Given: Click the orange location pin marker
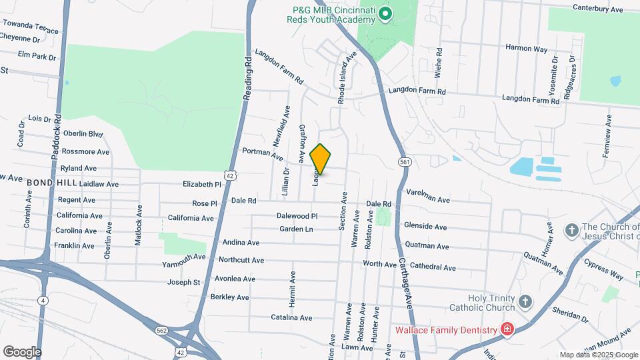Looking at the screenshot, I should pos(321,159).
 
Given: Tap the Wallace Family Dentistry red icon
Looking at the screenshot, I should pos(507,329).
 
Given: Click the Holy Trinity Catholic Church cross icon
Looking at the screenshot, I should pos(525,301).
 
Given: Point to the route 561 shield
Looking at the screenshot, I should pos(405,162).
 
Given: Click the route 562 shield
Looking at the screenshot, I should pos(161,330).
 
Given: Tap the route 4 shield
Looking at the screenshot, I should pos(43,300).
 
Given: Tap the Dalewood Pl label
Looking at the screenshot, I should pos(297,216).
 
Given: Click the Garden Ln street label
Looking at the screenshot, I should pos(296,229).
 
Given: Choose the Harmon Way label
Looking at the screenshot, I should pos(526,49).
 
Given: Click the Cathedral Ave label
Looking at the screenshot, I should pos(433,267).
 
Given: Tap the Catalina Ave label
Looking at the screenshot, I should pos(291,317).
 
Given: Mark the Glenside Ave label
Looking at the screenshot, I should pos(425,227).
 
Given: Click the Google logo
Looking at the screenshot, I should pos(22,351).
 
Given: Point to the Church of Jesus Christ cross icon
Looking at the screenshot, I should pos(571,231).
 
